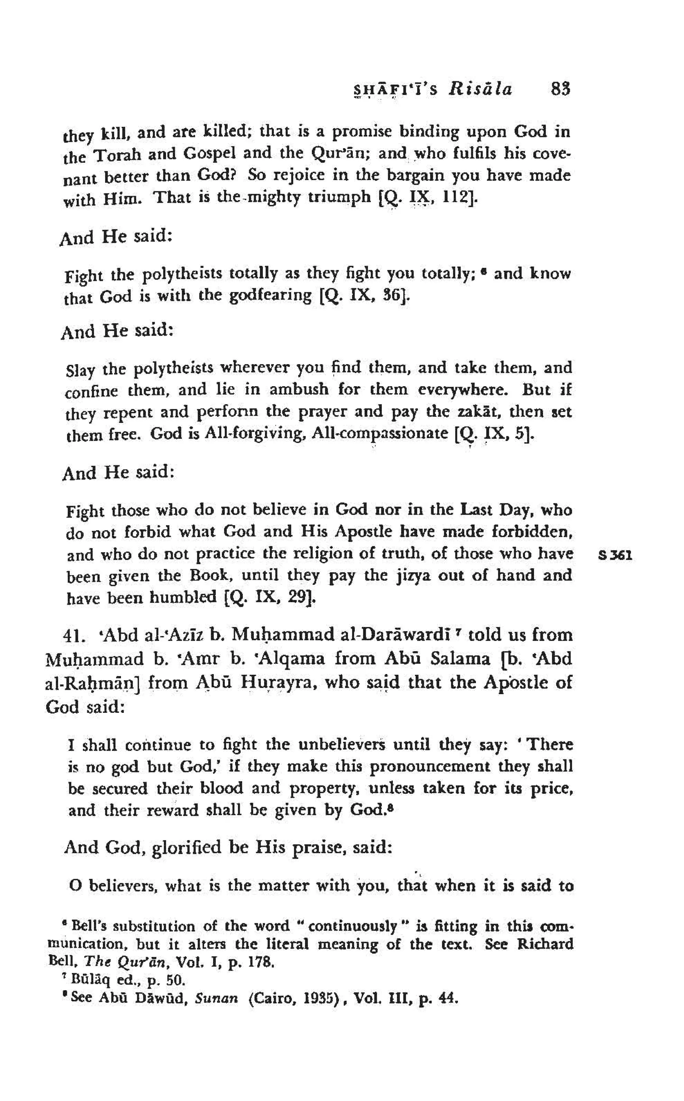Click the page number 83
coord(560,89)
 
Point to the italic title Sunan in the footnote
coord(216,998)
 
